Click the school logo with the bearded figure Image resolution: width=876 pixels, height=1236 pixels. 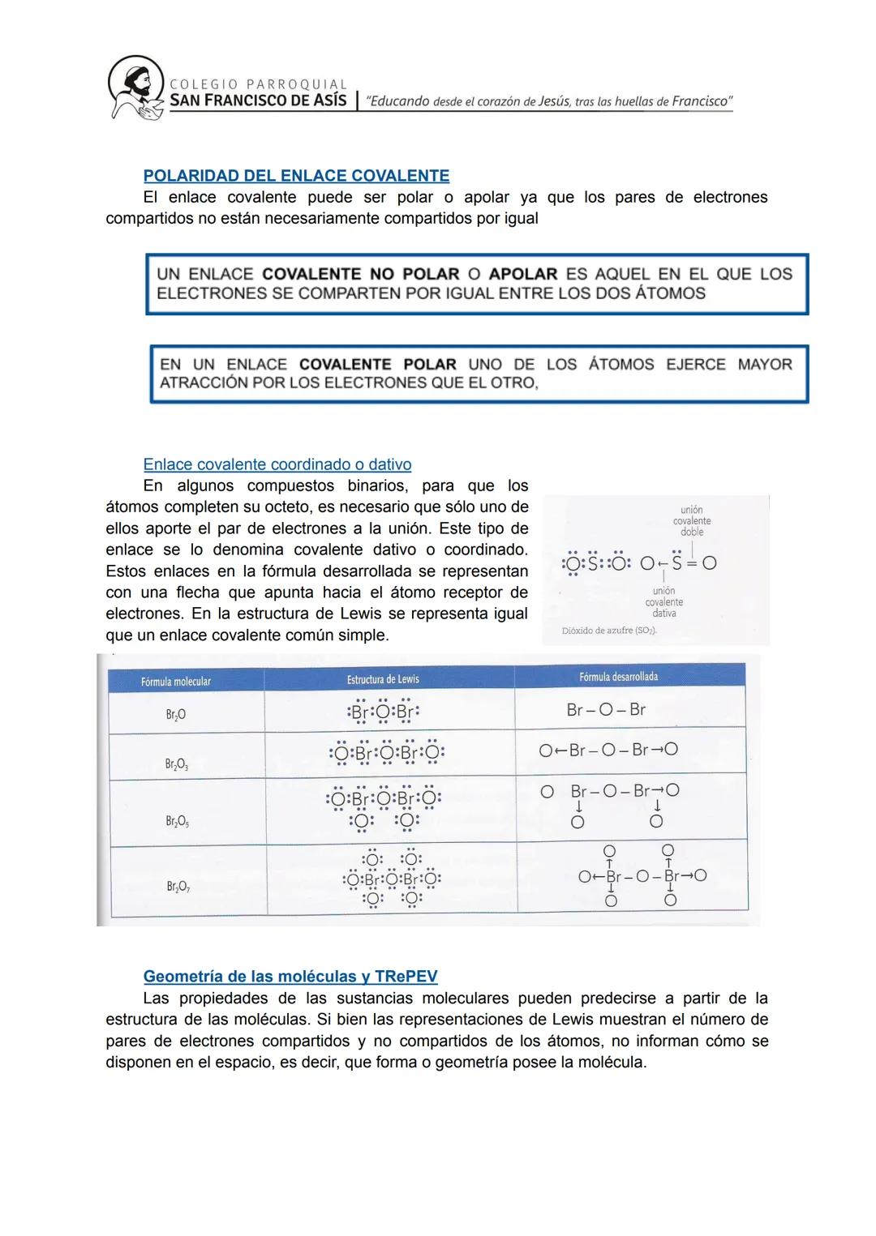[x=135, y=88]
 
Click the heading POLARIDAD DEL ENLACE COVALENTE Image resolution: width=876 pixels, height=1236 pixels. [x=296, y=176]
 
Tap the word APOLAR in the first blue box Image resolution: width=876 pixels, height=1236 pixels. [x=523, y=274]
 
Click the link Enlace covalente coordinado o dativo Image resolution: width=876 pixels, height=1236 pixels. [x=277, y=464]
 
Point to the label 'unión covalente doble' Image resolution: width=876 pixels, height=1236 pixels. [x=692, y=521]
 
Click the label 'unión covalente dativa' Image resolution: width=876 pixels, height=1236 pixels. [x=664, y=602]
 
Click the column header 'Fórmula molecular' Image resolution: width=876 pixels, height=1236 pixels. [x=176, y=682]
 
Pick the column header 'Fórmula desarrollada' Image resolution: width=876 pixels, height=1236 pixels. [x=619, y=677]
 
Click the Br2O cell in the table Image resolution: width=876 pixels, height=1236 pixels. [x=175, y=714]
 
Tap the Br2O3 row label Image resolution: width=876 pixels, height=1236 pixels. [x=176, y=764]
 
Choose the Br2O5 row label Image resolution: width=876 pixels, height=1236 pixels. [x=176, y=822]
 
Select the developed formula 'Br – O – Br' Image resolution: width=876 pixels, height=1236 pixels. [x=606, y=710]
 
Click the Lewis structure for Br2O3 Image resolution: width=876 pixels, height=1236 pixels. [x=387, y=753]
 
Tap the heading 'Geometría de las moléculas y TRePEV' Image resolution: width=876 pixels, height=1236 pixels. [x=290, y=976]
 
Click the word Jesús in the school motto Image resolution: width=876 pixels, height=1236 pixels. [x=554, y=101]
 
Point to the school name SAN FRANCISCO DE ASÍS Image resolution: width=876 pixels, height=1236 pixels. [x=258, y=101]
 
